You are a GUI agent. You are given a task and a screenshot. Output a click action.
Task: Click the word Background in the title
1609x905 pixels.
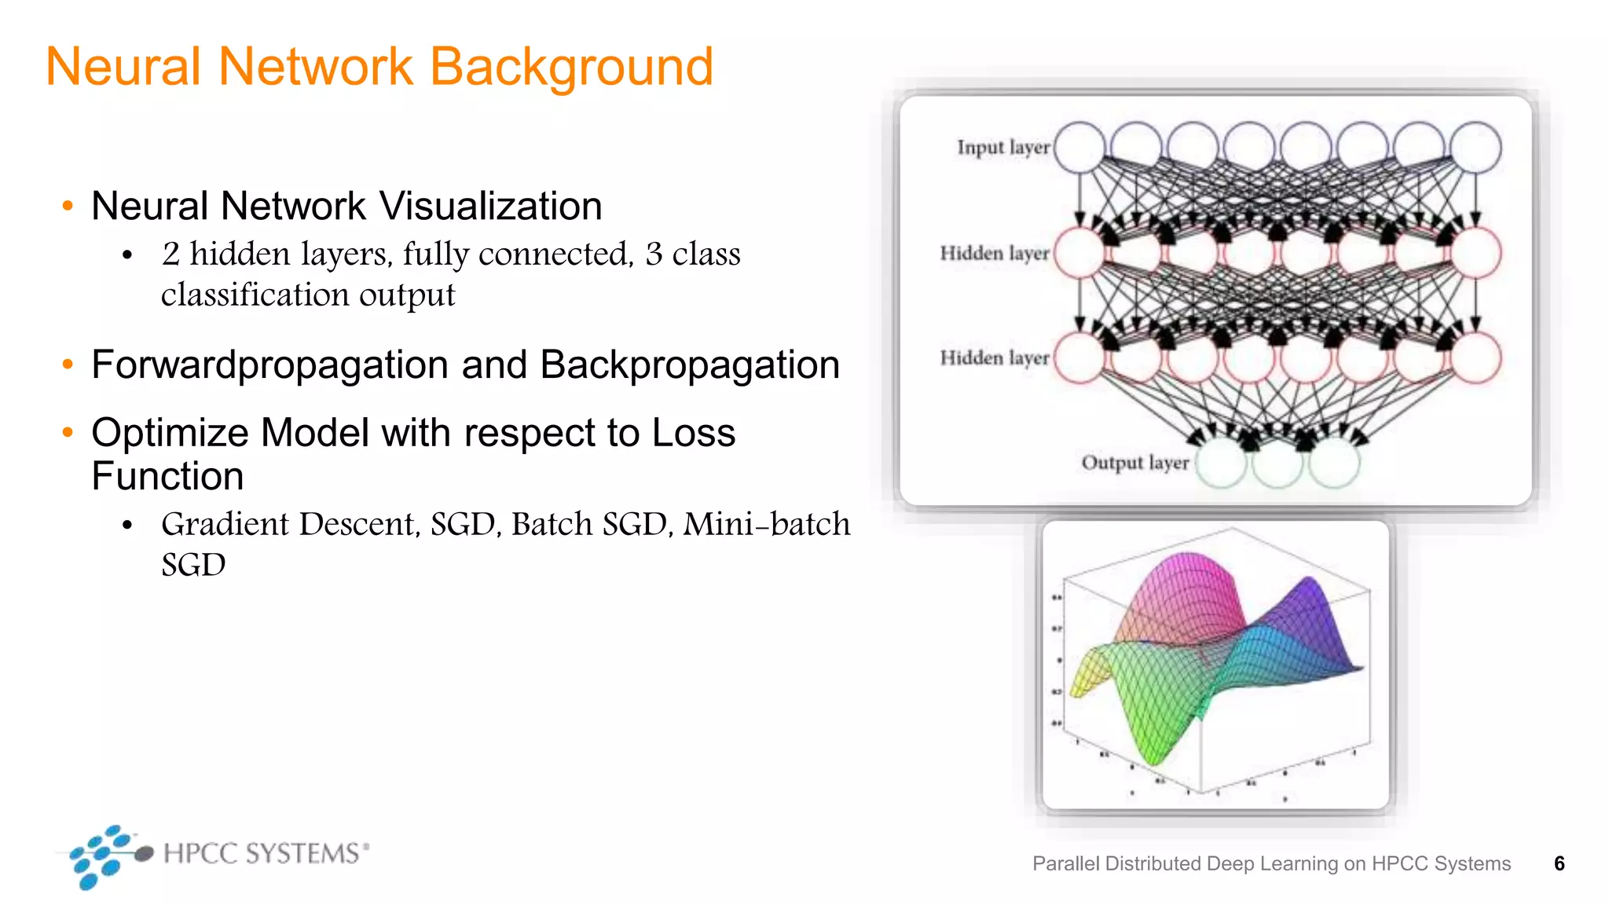coord(571,68)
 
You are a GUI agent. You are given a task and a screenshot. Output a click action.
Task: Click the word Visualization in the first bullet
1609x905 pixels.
coord(491,207)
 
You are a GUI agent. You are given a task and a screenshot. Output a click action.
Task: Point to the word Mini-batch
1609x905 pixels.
coord(766,525)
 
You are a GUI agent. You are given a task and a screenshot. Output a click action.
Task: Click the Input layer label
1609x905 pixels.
coord(1002,148)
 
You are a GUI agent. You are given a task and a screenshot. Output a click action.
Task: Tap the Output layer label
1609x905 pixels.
coord(1134,463)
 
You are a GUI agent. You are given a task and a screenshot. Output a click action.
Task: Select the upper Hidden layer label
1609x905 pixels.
coord(994,253)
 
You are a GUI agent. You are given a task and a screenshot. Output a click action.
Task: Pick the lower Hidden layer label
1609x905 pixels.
coord(994,358)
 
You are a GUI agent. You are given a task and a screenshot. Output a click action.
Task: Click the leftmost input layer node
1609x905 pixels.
coord(1079,148)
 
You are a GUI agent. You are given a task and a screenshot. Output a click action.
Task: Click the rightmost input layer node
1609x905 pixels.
coord(1475,148)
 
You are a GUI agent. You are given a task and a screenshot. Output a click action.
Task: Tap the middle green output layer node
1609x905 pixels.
coord(1277,463)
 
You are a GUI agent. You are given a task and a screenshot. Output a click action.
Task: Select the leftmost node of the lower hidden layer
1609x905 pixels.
coord(1079,358)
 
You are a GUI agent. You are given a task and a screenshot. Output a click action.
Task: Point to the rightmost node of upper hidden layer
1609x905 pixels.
coord(1475,253)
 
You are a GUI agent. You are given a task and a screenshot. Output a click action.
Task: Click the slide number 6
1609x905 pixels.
coord(1559,863)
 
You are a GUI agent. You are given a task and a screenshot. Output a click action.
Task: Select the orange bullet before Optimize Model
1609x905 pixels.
coord(68,432)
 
